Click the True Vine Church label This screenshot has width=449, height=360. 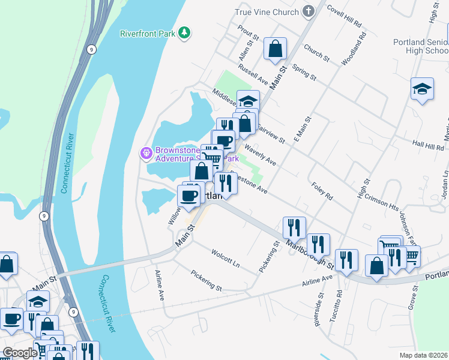coord(267,11)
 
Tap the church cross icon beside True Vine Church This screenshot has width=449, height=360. coord(308,11)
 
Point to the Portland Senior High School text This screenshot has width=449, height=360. coord(420,46)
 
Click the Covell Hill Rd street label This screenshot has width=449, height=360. coord(344,16)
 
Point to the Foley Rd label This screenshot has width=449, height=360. coord(322,191)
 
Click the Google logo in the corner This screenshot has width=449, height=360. coord(20,353)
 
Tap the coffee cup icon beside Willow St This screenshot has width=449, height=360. coord(189,196)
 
